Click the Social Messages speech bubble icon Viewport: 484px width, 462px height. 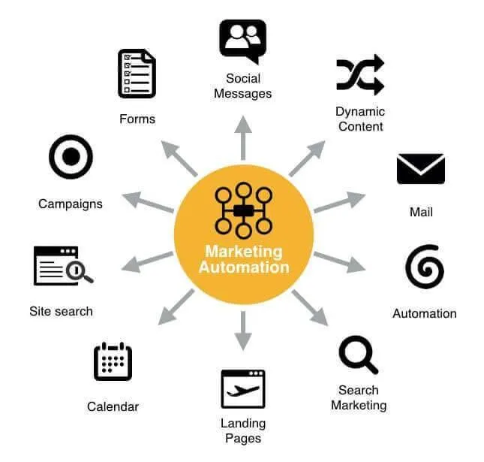click(242, 40)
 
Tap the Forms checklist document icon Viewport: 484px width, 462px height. click(137, 74)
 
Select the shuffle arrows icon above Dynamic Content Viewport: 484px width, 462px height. click(360, 75)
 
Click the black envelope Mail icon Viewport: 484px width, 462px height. click(421, 169)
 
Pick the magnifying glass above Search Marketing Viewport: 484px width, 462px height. click(358, 355)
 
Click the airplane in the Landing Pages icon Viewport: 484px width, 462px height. click(243, 391)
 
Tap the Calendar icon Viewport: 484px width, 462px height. click(113, 361)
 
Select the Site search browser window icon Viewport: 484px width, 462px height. click(63, 266)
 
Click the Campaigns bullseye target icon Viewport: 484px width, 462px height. click(71, 157)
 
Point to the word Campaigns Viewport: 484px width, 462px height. click(71, 204)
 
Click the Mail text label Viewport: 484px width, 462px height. click(421, 212)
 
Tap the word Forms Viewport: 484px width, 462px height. click(137, 119)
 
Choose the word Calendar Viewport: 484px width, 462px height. click(113, 406)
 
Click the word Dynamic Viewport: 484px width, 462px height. click(360, 112)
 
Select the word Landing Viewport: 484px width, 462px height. click(243, 424)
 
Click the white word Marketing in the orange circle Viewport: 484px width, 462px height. click(244, 252)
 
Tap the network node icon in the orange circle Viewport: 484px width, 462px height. click(244, 211)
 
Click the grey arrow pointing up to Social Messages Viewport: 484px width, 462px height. click(243, 137)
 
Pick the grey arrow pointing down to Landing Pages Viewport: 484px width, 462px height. click(243, 331)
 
